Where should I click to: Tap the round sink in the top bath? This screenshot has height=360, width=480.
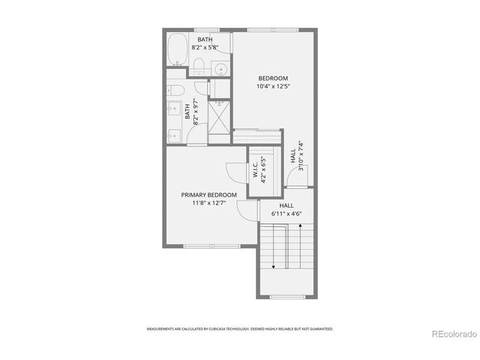click(x=221, y=70)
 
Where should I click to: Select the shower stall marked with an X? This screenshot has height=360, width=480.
click(x=220, y=120)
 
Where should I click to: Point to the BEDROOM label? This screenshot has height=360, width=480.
click(x=273, y=78)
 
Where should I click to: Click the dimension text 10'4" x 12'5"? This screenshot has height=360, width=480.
click(x=273, y=86)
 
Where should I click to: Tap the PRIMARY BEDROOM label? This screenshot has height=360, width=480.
click(x=208, y=195)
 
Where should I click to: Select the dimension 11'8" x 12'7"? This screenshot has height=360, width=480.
click(x=208, y=203)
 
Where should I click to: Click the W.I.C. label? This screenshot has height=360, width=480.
click(x=255, y=169)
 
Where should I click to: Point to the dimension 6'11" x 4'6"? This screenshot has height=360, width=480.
click(x=286, y=213)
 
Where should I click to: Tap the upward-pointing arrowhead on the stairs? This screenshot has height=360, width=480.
click(x=299, y=233)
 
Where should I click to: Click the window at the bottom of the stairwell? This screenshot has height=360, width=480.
click(x=286, y=296)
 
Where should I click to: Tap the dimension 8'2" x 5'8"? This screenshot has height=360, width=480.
click(x=205, y=47)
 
